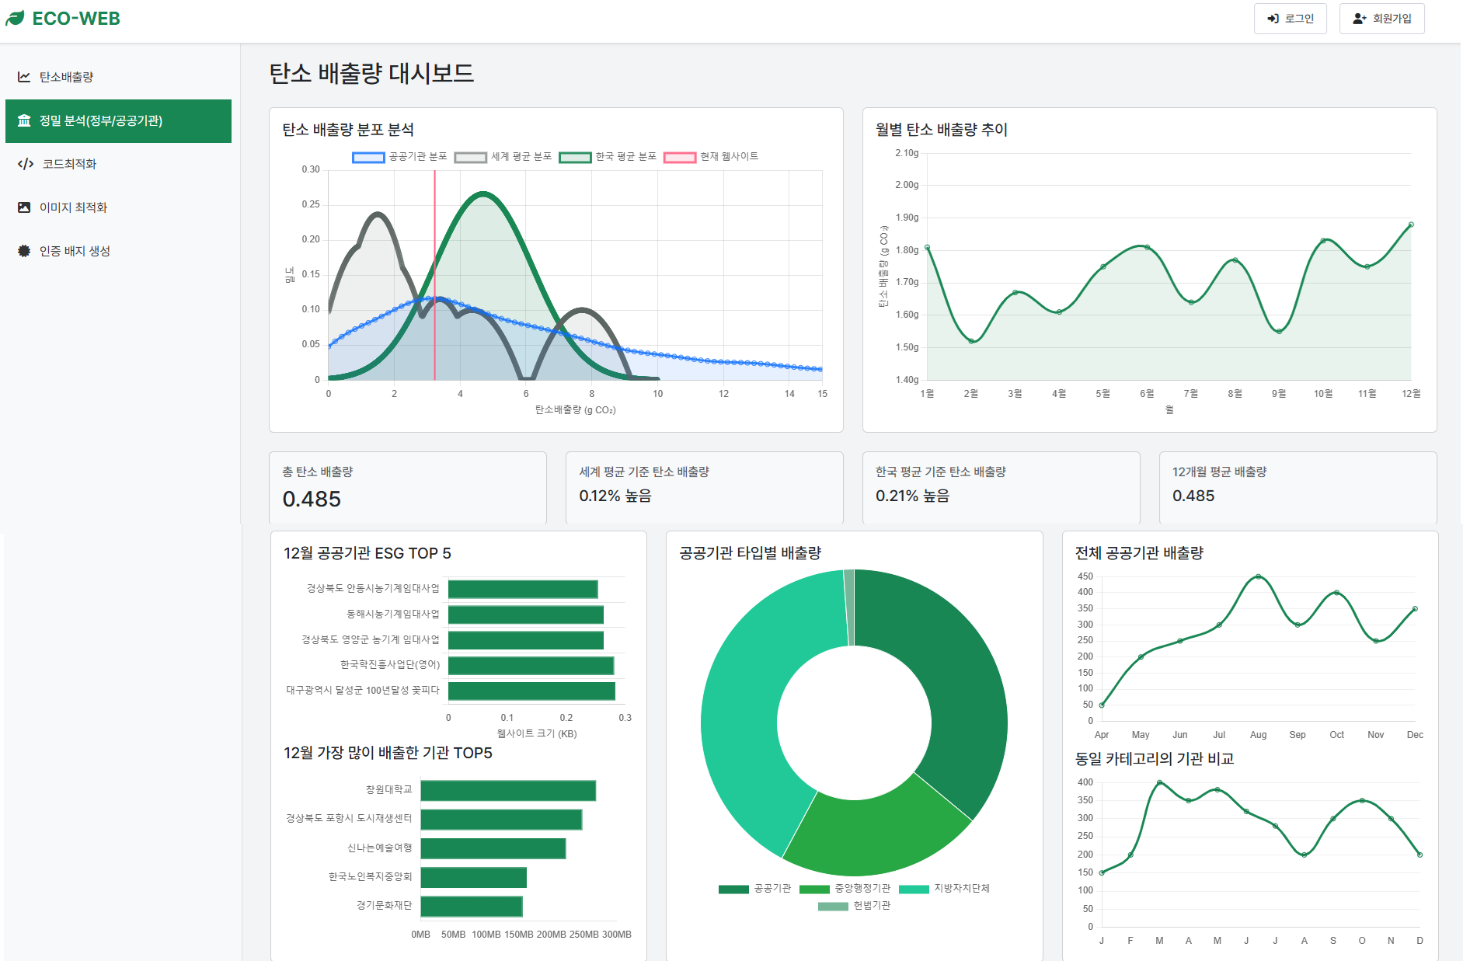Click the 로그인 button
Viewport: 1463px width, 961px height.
point(1290,19)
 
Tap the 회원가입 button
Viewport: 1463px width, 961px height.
point(1381,19)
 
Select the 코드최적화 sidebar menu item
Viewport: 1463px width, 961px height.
point(69,164)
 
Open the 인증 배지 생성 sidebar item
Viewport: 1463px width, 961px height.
point(75,251)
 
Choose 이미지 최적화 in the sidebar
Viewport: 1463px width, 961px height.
point(73,207)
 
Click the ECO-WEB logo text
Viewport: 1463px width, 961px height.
point(75,19)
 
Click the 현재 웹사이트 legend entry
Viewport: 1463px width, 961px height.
point(710,157)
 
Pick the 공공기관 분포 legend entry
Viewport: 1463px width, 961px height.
point(399,157)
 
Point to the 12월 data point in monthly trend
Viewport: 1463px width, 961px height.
point(1411,225)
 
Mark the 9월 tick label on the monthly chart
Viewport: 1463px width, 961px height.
point(1278,394)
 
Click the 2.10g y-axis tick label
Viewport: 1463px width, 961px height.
point(907,153)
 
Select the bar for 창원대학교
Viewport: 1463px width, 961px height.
point(508,791)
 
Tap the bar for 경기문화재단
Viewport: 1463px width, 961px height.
point(472,907)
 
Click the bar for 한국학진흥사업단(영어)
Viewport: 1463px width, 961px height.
point(531,666)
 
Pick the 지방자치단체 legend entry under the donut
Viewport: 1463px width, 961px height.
point(944,889)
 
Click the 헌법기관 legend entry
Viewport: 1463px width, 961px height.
point(854,906)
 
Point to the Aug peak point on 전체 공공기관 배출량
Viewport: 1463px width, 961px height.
point(1258,576)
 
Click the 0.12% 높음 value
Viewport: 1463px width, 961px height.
point(615,496)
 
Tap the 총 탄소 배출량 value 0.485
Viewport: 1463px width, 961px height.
point(312,499)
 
